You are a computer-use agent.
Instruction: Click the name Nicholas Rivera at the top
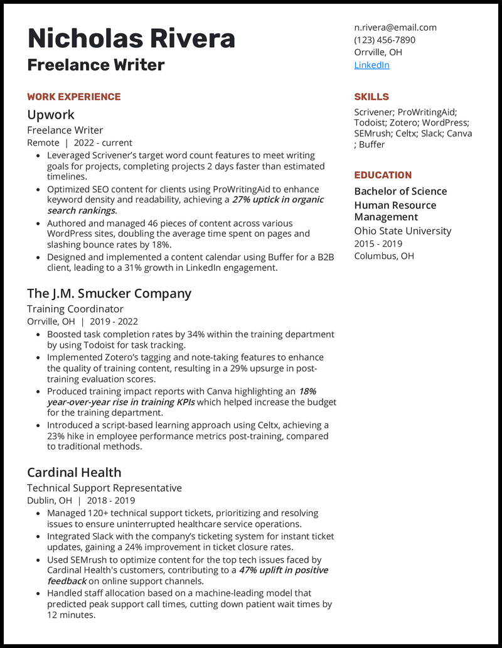(x=131, y=39)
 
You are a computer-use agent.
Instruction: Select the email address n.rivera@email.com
(x=395, y=28)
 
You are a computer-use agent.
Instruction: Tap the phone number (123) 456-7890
(x=385, y=40)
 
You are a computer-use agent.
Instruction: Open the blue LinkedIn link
(x=371, y=65)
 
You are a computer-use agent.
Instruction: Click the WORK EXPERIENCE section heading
(x=73, y=97)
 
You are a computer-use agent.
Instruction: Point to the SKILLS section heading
(x=371, y=97)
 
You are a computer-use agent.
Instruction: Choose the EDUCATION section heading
(x=383, y=175)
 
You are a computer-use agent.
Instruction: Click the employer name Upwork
(x=51, y=115)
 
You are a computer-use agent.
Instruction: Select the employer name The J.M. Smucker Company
(x=109, y=293)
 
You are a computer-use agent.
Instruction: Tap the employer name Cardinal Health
(x=74, y=472)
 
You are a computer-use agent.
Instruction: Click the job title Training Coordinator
(x=75, y=309)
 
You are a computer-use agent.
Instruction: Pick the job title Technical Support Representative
(x=104, y=488)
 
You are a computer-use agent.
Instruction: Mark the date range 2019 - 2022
(x=114, y=321)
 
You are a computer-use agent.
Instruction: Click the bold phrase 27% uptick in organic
(x=278, y=200)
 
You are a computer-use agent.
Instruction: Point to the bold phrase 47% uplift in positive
(x=284, y=570)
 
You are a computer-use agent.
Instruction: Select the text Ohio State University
(x=402, y=231)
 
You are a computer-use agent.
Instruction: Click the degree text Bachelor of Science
(x=400, y=192)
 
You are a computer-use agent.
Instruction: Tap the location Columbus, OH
(x=384, y=256)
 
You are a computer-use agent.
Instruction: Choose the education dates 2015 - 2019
(x=378, y=244)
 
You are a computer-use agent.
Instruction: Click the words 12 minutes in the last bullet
(x=70, y=615)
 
